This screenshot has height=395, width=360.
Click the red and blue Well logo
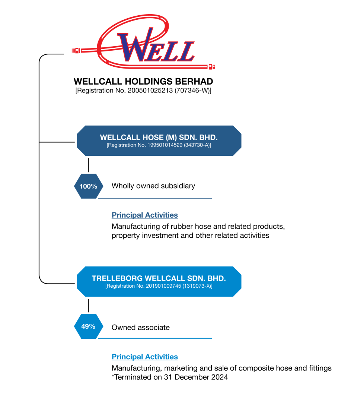click(x=143, y=42)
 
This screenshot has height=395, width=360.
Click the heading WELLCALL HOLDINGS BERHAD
click(x=143, y=81)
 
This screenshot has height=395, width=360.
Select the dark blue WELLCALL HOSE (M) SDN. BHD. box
click(x=159, y=140)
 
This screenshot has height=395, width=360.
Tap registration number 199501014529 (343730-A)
click(x=159, y=145)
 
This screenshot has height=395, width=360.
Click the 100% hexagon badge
click(x=88, y=186)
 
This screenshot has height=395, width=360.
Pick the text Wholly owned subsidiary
click(x=153, y=186)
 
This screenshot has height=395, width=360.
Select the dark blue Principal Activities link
click(x=145, y=215)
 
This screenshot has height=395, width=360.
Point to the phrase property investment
click(x=145, y=236)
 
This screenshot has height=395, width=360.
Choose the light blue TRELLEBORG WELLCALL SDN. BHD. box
click(x=159, y=281)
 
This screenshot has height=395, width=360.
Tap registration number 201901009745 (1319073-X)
click(x=159, y=286)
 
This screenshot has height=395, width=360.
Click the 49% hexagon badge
click(x=88, y=326)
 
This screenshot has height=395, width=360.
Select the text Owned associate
click(x=140, y=328)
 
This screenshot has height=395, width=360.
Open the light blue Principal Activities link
click(x=145, y=357)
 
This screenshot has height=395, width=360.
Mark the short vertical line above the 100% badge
click(x=88, y=165)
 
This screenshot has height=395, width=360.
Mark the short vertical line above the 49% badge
click(x=88, y=306)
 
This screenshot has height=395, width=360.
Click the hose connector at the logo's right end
click(x=211, y=67)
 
